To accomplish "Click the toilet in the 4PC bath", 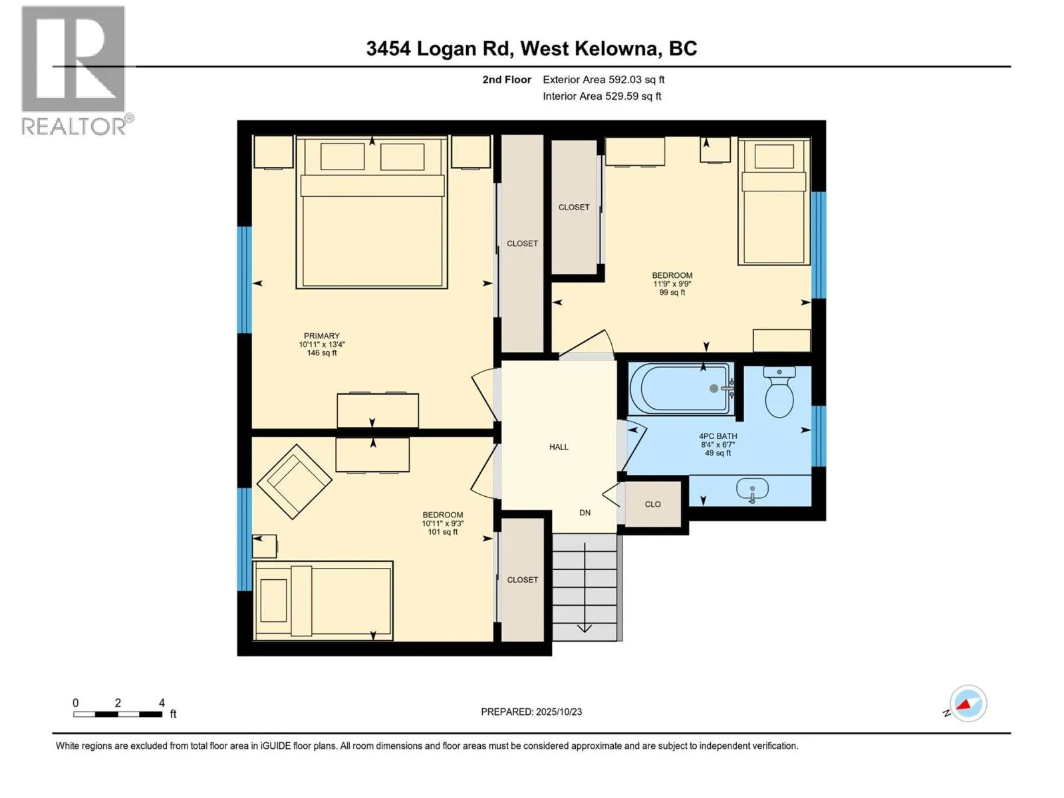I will point(779,393).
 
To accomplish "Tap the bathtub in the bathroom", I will point(682,388).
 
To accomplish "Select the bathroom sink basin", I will point(752,489).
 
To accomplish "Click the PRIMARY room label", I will point(322,336).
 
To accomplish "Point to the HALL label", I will point(559,447).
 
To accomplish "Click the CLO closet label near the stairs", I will point(652,504).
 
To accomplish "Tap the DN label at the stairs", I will point(585,513).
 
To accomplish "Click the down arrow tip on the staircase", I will point(585,629).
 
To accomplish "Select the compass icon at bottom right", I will point(968,704).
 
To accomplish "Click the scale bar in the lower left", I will point(118,714).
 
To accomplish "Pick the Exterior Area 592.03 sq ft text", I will point(603,80).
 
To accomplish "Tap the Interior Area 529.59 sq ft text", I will point(602,96).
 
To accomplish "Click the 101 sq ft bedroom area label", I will point(443,532).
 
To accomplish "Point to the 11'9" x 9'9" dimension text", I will point(672,284).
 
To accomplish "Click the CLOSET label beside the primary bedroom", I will point(522,243).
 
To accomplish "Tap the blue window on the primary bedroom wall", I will point(245,279).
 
